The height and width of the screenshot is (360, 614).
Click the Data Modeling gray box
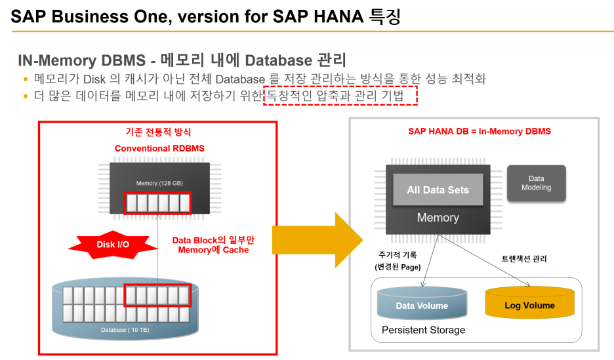coord(537,183)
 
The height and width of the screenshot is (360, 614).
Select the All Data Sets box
coord(438,190)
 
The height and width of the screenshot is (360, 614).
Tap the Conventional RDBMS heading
coord(159,148)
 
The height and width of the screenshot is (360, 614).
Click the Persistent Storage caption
coord(423,330)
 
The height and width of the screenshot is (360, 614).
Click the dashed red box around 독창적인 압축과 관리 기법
coord(340,96)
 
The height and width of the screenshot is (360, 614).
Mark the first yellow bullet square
coord(26,79)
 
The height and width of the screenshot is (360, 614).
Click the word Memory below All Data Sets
coord(438,218)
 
